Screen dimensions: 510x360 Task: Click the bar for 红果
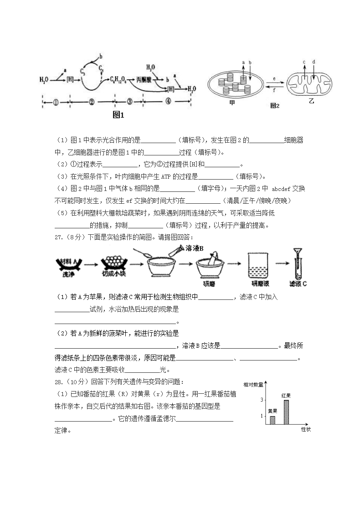click(286, 412)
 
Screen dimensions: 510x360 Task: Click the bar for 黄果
click(273, 420)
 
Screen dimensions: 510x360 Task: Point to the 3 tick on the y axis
click(262, 400)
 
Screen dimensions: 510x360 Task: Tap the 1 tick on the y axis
click(262, 416)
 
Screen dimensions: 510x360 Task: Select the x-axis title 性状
click(305, 429)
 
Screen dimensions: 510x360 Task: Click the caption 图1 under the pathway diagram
click(118, 115)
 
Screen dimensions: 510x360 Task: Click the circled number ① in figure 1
click(56, 102)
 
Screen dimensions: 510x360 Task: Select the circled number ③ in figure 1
click(129, 101)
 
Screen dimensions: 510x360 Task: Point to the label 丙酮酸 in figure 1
click(144, 79)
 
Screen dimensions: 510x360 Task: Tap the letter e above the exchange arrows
click(274, 78)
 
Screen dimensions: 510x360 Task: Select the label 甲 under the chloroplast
click(232, 103)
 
